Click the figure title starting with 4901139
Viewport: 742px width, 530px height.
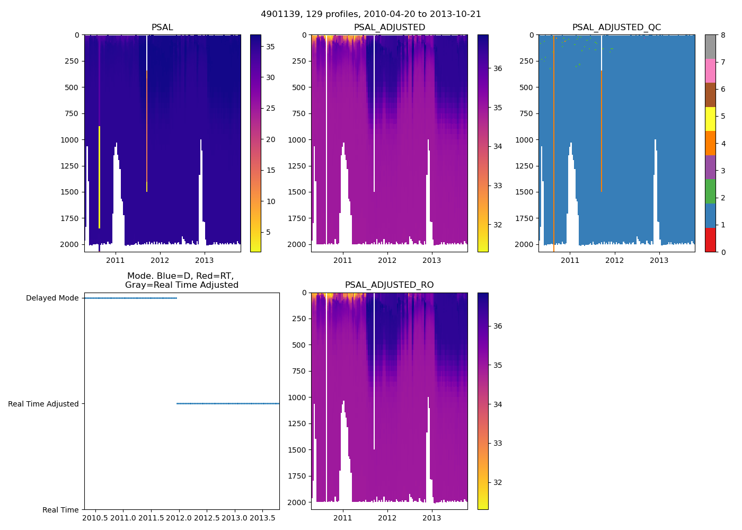tap(371, 14)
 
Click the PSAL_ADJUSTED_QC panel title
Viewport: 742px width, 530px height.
tap(616, 28)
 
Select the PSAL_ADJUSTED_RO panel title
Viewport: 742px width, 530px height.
tap(389, 285)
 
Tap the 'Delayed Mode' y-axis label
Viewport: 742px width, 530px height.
tap(52, 298)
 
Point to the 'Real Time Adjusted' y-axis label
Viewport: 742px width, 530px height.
tap(43, 404)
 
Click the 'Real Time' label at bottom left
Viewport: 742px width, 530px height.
tap(60, 510)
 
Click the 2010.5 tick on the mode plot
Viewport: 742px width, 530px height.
tap(96, 518)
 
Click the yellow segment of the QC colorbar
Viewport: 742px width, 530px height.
tap(710, 119)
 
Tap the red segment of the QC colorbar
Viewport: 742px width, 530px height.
tap(710, 240)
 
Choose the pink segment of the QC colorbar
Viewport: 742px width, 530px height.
tap(710, 70)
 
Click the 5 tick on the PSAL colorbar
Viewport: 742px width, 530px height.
tap(268, 232)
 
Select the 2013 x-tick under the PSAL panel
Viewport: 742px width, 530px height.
tap(205, 260)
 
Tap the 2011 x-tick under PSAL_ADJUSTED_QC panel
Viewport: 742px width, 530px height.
tap(570, 260)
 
